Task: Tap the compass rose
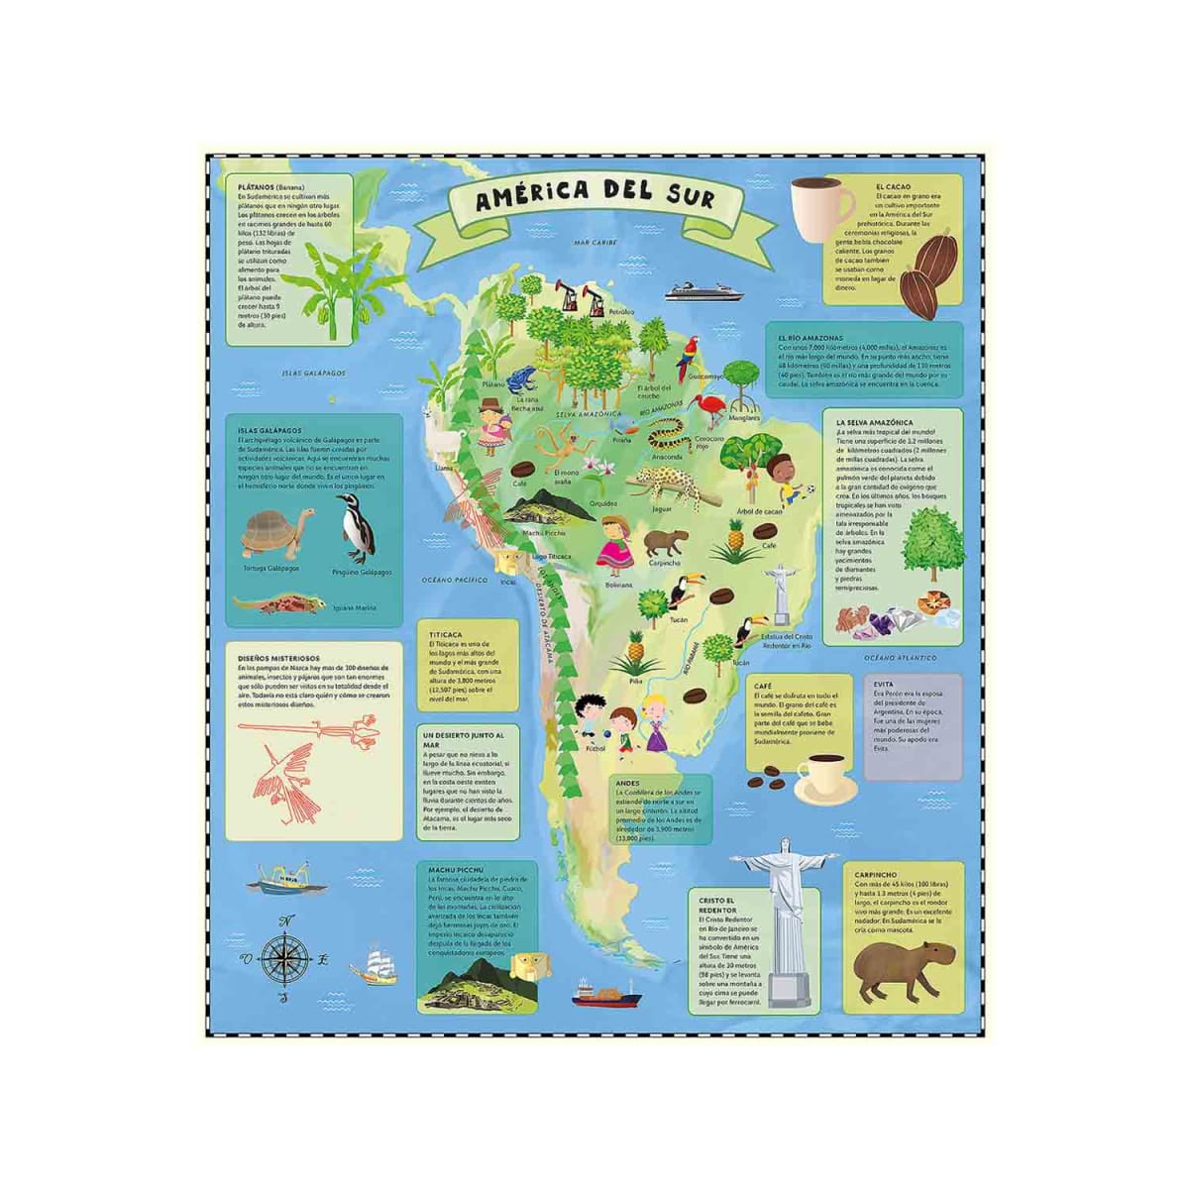(x=285, y=957)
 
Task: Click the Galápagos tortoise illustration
(x=276, y=536)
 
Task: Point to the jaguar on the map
(x=662, y=483)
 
